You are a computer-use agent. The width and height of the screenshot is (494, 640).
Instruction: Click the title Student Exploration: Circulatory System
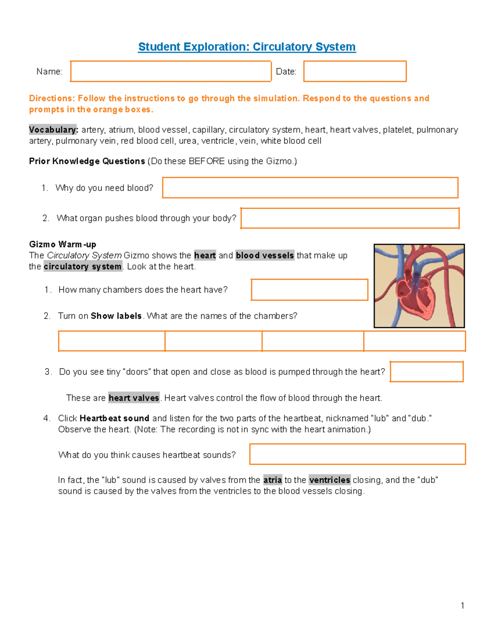pos(247,47)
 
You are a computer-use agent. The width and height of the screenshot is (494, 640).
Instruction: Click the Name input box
pos(170,71)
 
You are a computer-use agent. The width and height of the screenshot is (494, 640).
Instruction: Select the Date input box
pos(355,71)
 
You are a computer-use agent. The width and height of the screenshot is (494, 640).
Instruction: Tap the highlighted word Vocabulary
pos(53,130)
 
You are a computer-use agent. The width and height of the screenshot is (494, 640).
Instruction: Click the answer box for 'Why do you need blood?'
pos(310,188)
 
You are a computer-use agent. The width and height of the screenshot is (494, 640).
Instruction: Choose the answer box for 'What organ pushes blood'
pos(350,218)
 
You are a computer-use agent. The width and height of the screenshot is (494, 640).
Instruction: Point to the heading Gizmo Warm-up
pos(63,244)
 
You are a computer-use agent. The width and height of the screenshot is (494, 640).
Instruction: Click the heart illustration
pos(419,286)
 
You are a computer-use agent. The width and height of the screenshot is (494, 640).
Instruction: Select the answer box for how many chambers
pos(309,290)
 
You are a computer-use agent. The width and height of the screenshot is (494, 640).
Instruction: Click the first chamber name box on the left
pos(112,341)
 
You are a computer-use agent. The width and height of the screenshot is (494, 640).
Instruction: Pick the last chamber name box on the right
pos(414,341)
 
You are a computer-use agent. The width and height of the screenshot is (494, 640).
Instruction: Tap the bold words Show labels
pos(116,316)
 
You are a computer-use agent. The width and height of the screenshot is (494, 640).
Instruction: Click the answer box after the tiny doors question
pos(426,372)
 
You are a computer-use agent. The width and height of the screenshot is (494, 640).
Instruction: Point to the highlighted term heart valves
pos(134,398)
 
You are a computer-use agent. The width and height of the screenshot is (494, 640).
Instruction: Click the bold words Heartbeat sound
pos(114,418)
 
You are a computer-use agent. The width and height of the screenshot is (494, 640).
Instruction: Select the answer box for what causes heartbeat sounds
pos(357,454)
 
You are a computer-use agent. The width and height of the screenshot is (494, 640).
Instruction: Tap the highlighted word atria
pos(273,480)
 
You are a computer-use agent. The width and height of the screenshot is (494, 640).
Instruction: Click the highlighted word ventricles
pos(329,480)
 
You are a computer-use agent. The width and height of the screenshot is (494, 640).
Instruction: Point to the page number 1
pos(462,605)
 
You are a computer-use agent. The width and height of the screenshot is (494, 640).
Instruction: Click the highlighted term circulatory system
pos(82,267)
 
